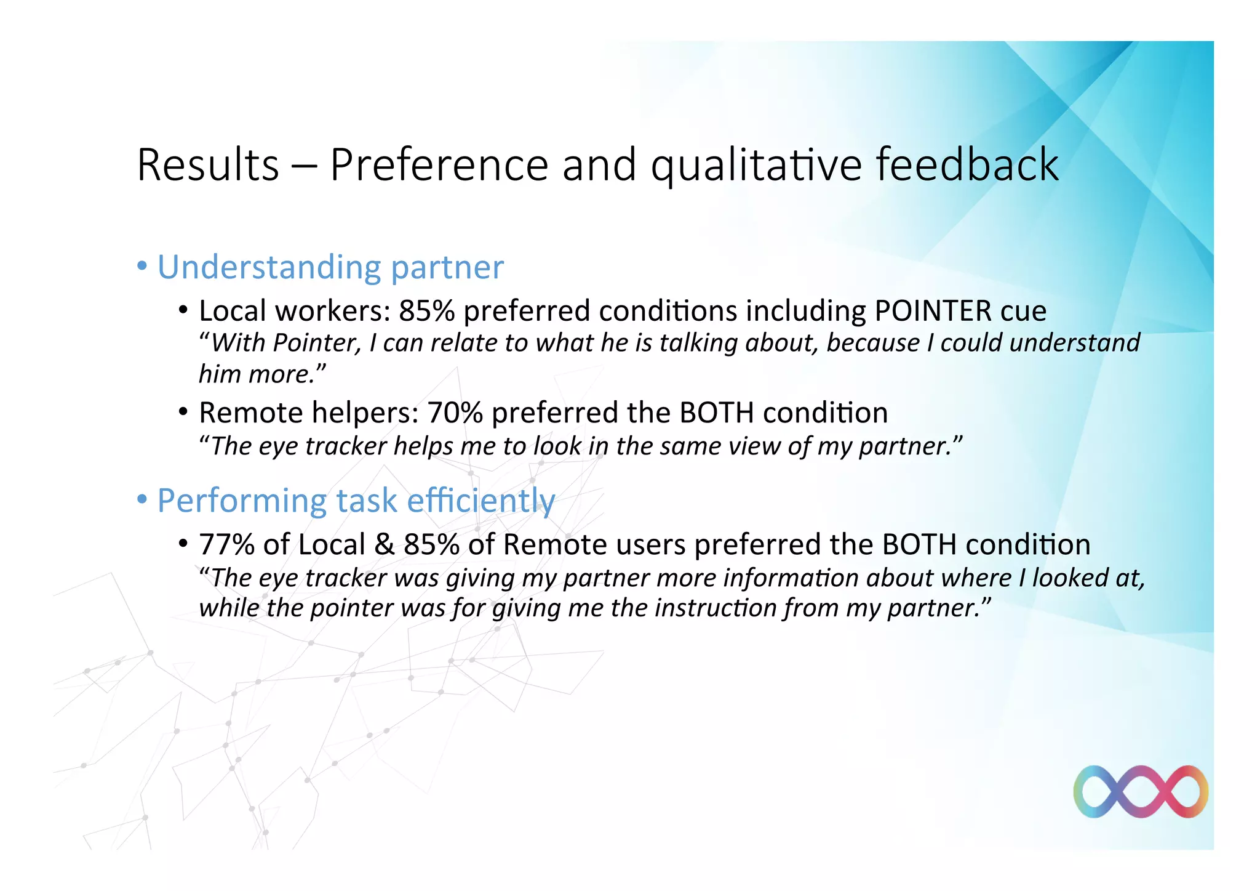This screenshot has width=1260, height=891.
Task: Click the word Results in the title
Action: pyautogui.click(x=208, y=165)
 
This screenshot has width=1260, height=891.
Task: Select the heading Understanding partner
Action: pyautogui.click(x=330, y=267)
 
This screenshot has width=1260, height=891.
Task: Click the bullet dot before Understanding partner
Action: pyautogui.click(x=142, y=267)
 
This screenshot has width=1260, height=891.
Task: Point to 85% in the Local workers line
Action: pyautogui.click(x=426, y=310)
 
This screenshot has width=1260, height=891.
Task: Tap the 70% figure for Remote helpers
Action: pyautogui.click(x=455, y=413)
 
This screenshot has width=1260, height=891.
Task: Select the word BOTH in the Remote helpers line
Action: pyautogui.click(x=716, y=413)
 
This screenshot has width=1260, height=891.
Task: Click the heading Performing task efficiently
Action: pyautogui.click(x=356, y=500)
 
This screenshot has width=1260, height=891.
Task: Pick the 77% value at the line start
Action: pyautogui.click(x=226, y=544)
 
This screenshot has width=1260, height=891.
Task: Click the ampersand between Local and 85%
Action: pyautogui.click(x=385, y=544)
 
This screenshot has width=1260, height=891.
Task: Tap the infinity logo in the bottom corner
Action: pyautogui.click(x=1140, y=791)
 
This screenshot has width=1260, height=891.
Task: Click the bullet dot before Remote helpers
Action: pyautogui.click(x=183, y=411)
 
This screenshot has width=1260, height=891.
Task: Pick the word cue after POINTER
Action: pyautogui.click(x=1023, y=310)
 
